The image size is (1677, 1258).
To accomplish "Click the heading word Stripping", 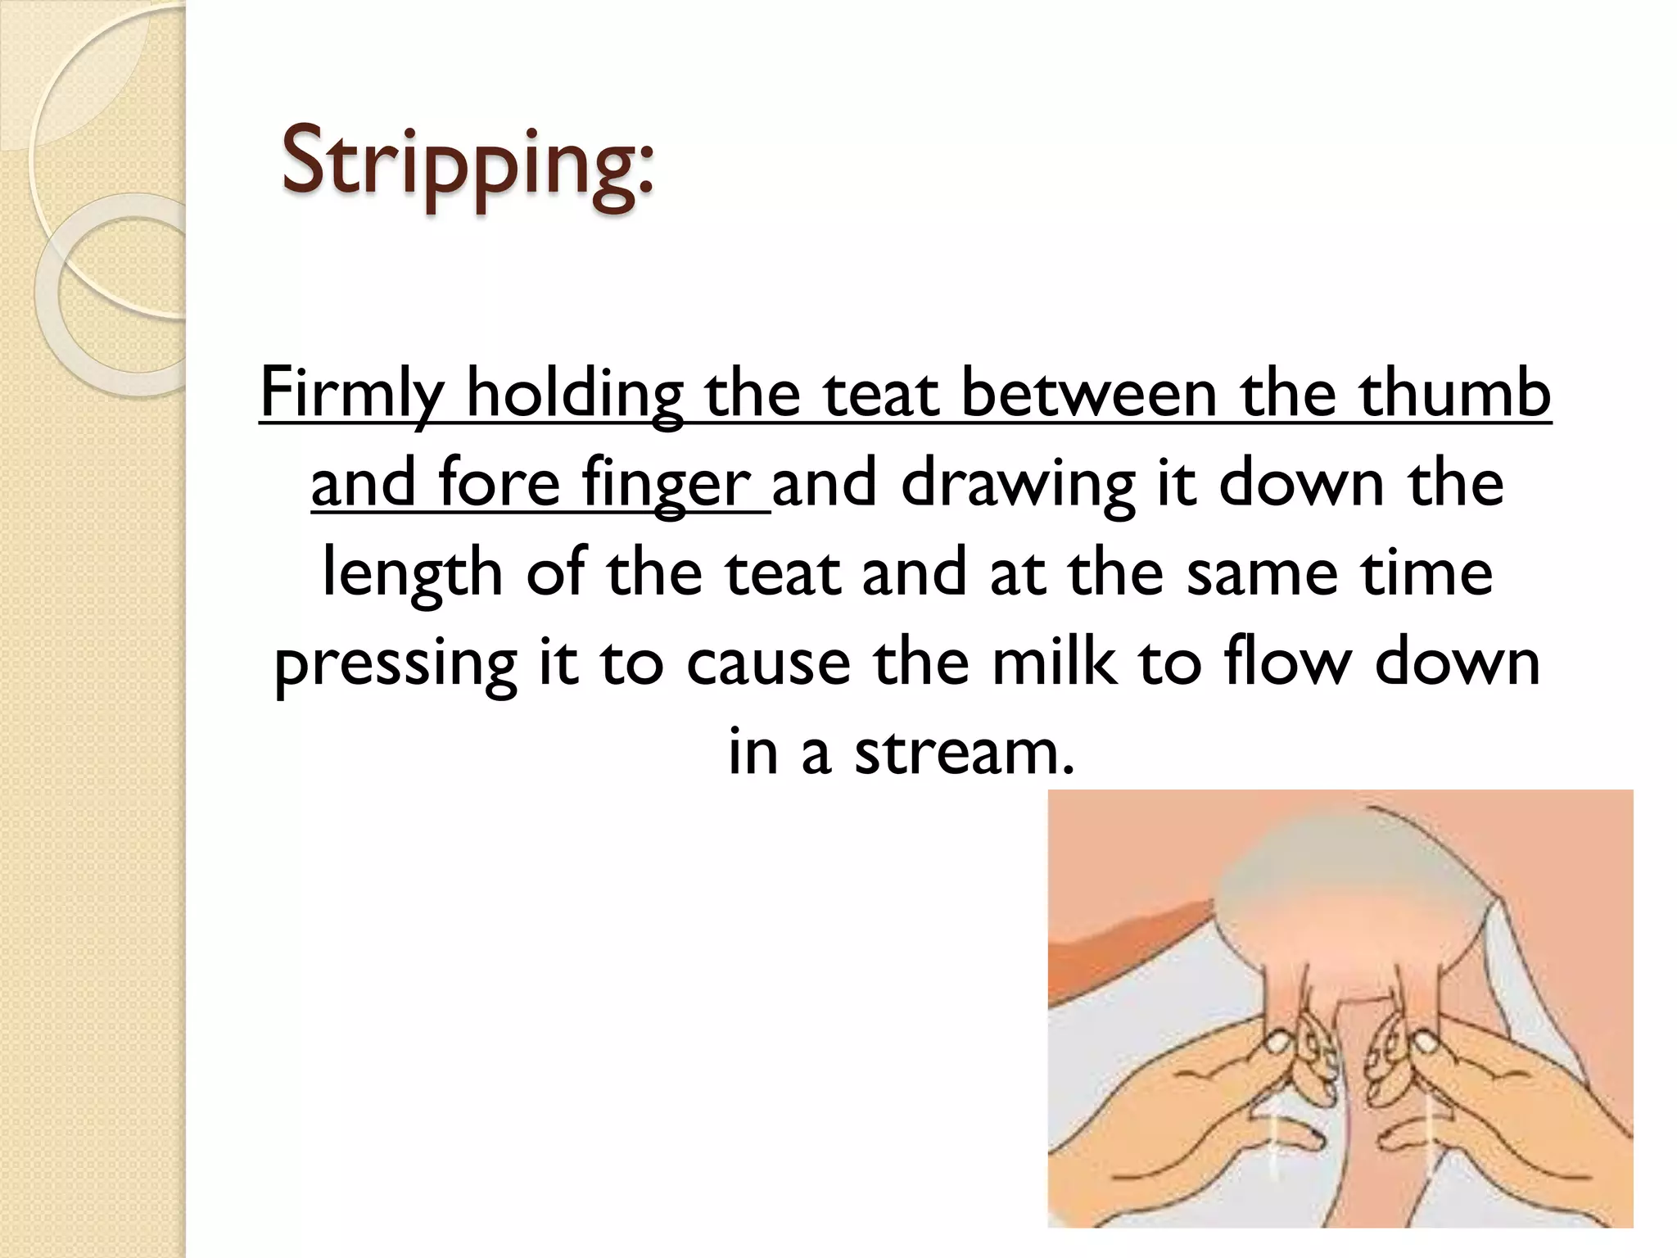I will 467,164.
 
